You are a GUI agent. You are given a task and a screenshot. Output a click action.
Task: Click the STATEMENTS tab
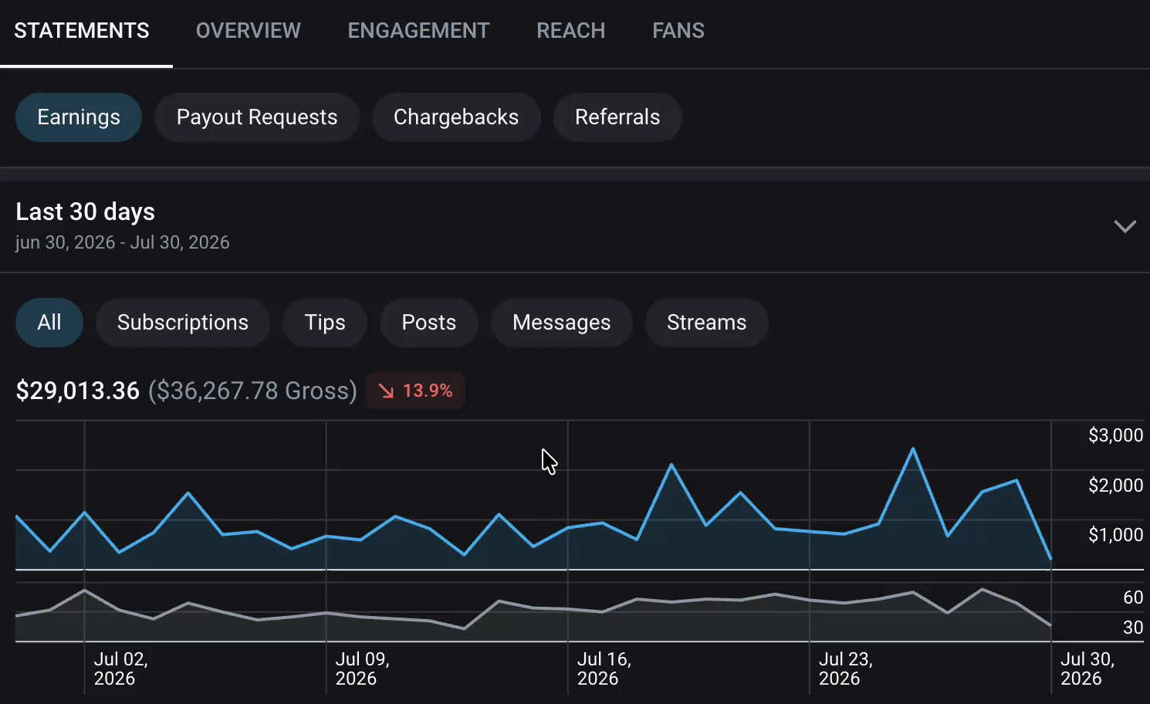click(82, 31)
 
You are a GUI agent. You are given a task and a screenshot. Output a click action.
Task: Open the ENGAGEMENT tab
click(418, 31)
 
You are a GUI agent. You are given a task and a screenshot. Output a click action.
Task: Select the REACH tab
click(571, 31)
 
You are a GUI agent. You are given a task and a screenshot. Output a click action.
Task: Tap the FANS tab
click(678, 31)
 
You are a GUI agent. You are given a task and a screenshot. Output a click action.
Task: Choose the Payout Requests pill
click(257, 117)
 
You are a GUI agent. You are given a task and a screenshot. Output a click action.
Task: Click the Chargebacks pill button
click(456, 117)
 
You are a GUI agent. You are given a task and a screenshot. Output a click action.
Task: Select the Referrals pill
click(617, 117)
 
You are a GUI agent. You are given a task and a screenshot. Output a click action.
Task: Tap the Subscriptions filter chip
click(182, 323)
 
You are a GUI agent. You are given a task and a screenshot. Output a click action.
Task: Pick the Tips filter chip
click(324, 323)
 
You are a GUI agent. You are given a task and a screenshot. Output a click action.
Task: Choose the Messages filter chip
click(561, 323)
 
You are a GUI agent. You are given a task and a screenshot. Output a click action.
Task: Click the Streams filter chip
click(706, 323)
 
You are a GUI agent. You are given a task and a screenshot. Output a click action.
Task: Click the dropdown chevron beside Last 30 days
click(1125, 226)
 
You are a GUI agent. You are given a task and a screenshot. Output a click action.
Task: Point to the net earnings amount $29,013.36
click(77, 391)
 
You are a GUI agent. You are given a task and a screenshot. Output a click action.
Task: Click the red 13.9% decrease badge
click(416, 391)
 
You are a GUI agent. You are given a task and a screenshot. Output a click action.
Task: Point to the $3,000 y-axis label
click(1115, 435)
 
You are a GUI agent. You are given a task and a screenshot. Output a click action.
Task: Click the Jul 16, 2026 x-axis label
click(604, 668)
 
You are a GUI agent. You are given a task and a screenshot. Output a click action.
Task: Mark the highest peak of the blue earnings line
click(913, 448)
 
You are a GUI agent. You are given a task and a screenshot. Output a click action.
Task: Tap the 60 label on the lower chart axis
click(1133, 597)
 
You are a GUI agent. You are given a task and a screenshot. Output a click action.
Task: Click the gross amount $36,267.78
click(252, 391)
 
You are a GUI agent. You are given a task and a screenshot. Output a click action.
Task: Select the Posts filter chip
click(428, 323)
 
